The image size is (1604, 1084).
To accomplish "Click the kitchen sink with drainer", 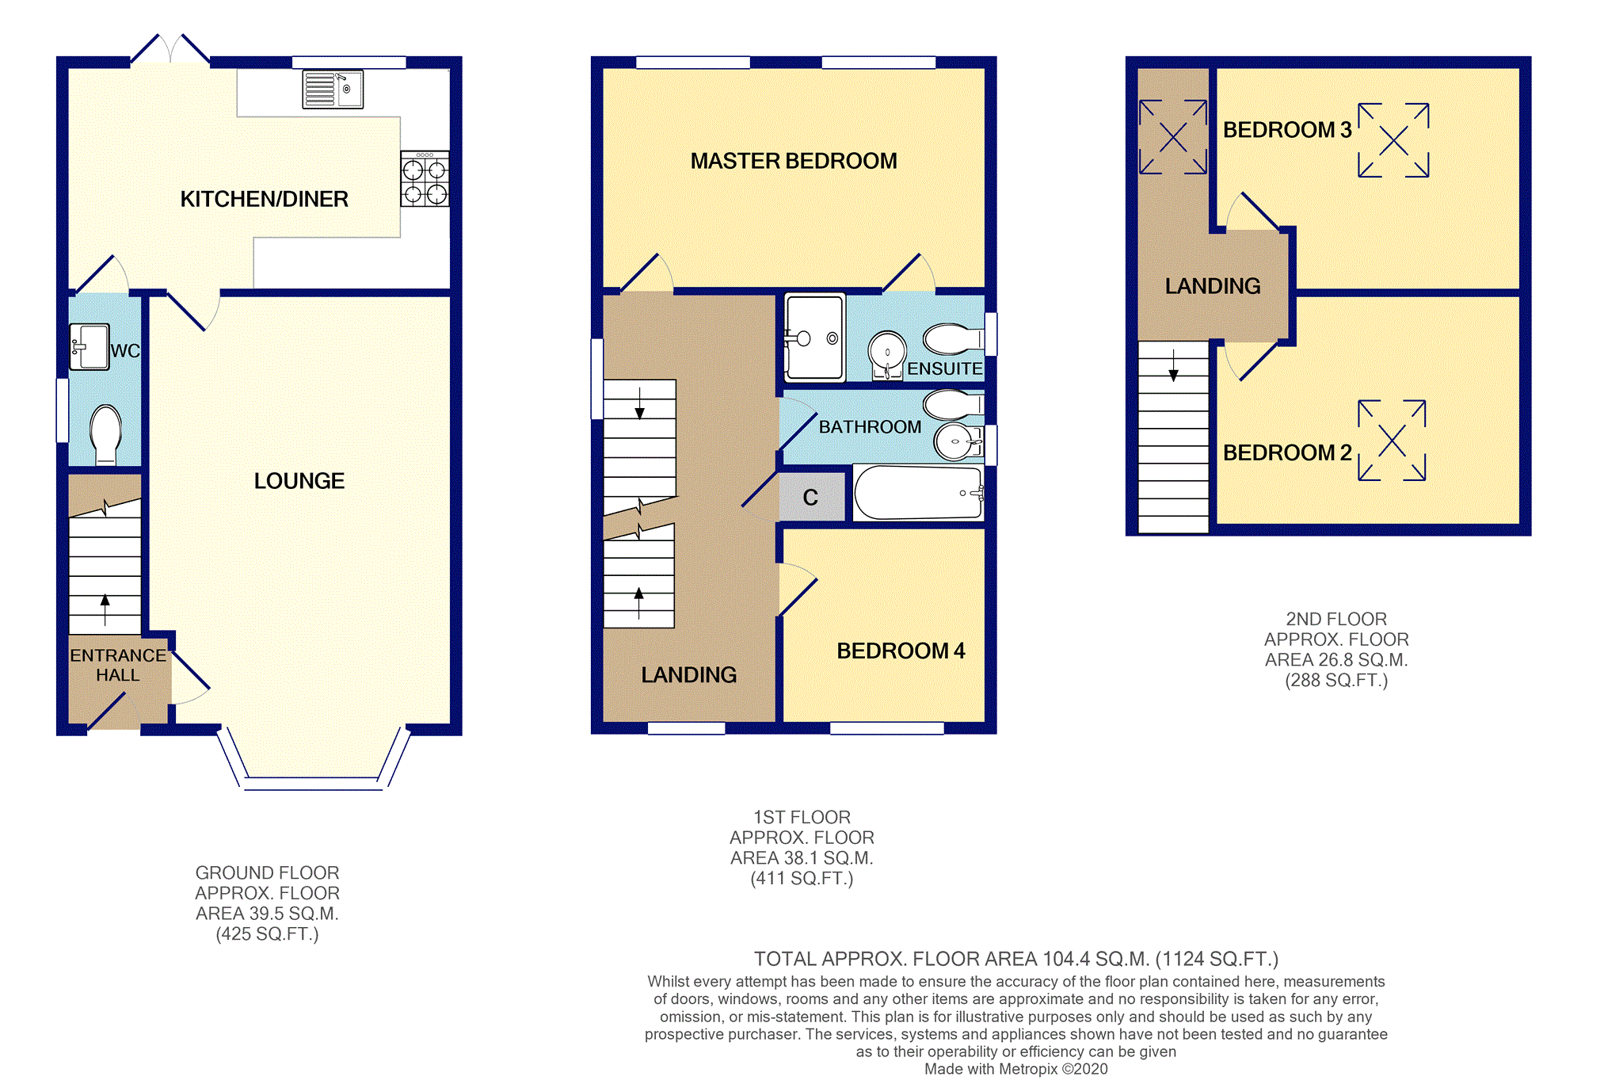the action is [x=333, y=90].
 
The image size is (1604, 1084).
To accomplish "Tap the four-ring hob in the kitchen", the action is [x=425, y=179].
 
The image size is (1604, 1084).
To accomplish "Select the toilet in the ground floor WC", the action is [x=105, y=434].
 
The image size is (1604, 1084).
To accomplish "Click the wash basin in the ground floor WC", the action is [x=90, y=346].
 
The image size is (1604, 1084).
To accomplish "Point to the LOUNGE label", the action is [x=299, y=481].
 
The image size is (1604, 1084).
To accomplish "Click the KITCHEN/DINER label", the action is [x=265, y=199].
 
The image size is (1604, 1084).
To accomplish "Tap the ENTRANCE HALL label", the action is [x=118, y=665].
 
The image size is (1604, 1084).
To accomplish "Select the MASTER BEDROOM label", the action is [x=794, y=161].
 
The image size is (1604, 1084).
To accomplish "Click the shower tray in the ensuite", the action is [x=814, y=337].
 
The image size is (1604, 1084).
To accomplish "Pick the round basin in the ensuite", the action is [x=887, y=353].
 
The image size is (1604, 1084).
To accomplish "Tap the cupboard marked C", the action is [x=811, y=497].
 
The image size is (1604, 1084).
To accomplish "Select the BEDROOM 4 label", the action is [x=901, y=651].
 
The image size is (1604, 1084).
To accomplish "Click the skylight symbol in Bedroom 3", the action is [x=1393, y=140].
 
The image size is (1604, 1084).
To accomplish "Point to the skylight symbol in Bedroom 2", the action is [x=1392, y=441].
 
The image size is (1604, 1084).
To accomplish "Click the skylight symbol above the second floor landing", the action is [x=1173, y=137].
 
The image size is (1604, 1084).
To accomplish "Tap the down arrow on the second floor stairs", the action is [x=1173, y=364].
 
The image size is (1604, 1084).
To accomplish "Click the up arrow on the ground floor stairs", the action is [x=105, y=611].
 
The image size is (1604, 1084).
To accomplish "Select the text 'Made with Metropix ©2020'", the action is [x=1016, y=1069].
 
